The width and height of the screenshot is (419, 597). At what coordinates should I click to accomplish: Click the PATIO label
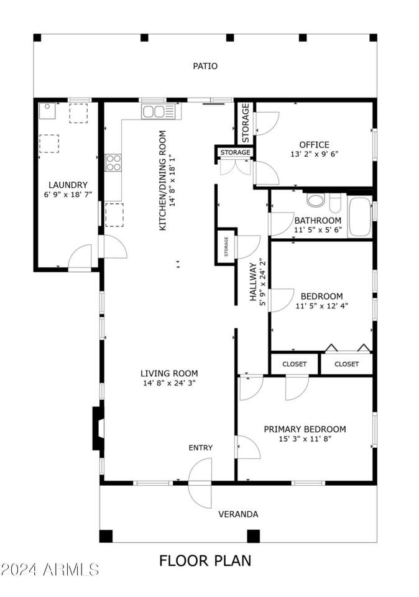click(x=205, y=67)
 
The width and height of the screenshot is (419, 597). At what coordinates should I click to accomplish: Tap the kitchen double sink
click(x=159, y=111)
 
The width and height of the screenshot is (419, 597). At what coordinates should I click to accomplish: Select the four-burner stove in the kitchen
click(x=113, y=162)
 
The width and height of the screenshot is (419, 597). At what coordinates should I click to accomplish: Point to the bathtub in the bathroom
click(x=360, y=218)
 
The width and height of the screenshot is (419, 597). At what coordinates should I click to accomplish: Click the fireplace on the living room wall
click(x=98, y=428)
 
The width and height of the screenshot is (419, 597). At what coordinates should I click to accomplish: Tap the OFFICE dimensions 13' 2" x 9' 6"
click(x=315, y=154)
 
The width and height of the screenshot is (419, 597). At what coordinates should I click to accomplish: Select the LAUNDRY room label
click(x=68, y=185)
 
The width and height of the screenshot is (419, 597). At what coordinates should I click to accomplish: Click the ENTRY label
click(x=201, y=448)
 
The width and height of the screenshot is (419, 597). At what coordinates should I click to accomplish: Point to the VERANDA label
click(x=238, y=514)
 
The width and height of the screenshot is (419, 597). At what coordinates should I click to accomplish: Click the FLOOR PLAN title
click(x=205, y=561)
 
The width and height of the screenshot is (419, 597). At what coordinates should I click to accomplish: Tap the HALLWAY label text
click(x=253, y=282)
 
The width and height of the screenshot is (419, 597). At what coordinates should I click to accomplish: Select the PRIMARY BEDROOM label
click(x=305, y=430)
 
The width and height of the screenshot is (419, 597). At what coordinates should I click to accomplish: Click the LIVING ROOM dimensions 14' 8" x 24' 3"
click(x=169, y=383)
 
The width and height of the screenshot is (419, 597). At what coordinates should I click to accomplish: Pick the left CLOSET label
click(x=295, y=364)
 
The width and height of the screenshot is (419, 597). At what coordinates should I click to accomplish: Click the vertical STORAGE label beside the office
click(x=246, y=123)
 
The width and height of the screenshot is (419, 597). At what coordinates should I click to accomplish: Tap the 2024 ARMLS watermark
click(x=50, y=570)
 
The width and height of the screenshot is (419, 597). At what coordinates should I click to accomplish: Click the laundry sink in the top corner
click(x=47, y=111)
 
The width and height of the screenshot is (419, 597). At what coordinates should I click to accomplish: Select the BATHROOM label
click(x=318, y=220)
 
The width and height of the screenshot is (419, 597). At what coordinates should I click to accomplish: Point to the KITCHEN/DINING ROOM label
click(x=162, y=180)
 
